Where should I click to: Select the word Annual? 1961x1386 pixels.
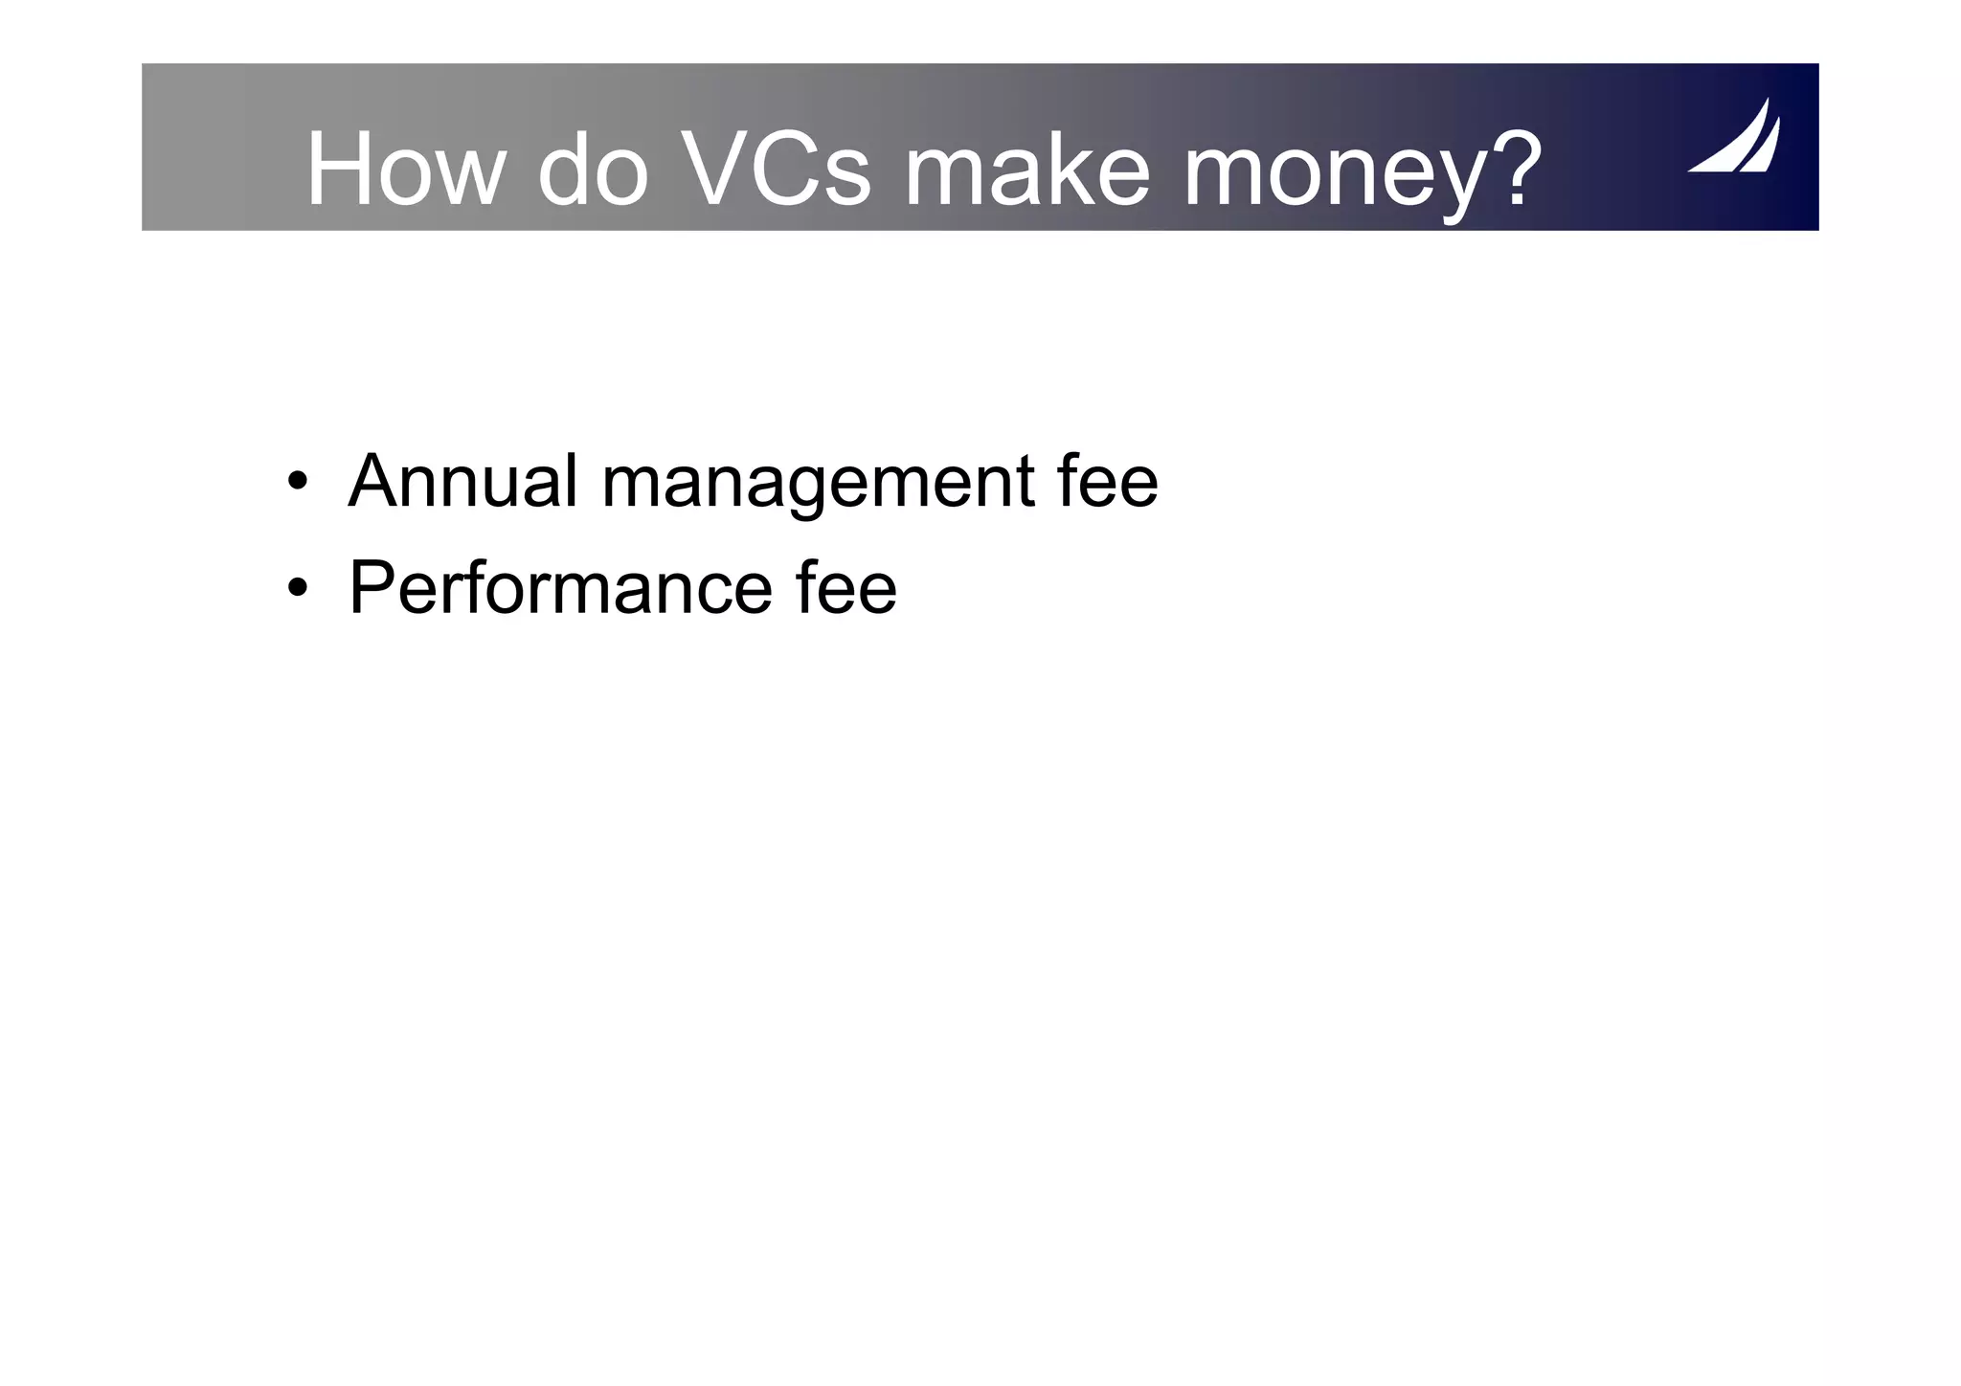click(463, 481)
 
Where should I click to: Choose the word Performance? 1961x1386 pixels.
click(560, 587)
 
